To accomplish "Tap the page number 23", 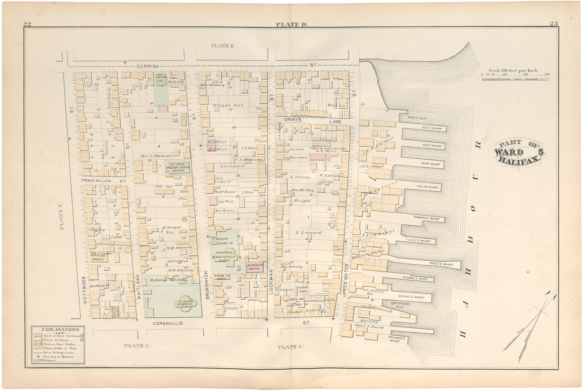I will pos(553,23).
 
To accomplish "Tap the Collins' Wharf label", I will pos(427,187).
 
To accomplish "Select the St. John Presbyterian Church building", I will pos(178,167).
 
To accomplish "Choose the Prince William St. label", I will pos(104,181).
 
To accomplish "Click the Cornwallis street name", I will pos(167,324).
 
